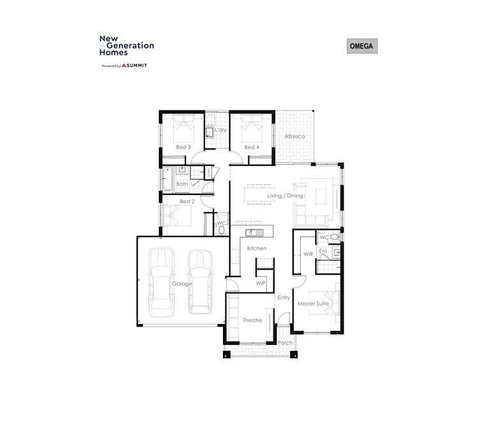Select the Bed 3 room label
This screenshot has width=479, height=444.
click(183, 147)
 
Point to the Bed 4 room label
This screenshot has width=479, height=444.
click(252, 147)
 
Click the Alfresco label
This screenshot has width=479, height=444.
click(294, 137)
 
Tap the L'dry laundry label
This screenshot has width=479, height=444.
click(221, 130)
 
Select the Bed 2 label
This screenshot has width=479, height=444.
click(186, 201)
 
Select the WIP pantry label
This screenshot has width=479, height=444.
click(261, 282)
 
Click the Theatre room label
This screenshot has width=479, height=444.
click(252, 320)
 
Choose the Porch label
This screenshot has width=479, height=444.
click(285, 342)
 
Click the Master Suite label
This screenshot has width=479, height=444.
click(313, 303)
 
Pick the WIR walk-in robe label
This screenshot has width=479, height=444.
click(308, 254)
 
